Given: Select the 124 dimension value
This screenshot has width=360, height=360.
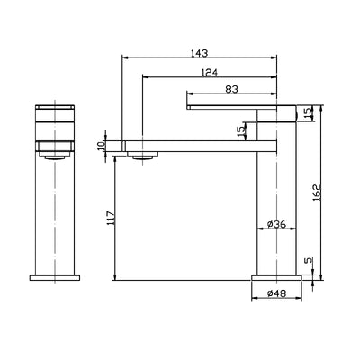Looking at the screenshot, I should click(x=212, y=72).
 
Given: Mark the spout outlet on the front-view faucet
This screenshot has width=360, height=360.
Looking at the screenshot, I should click(x=53, y=154).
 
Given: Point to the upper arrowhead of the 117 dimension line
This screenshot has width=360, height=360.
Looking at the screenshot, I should click(x=117, y=157).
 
